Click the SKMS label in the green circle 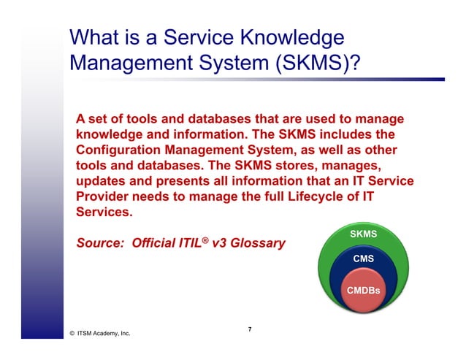pos(364,234)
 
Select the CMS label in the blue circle pos(364,259)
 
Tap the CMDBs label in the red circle pos(364,291)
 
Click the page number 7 pos(249,329)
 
